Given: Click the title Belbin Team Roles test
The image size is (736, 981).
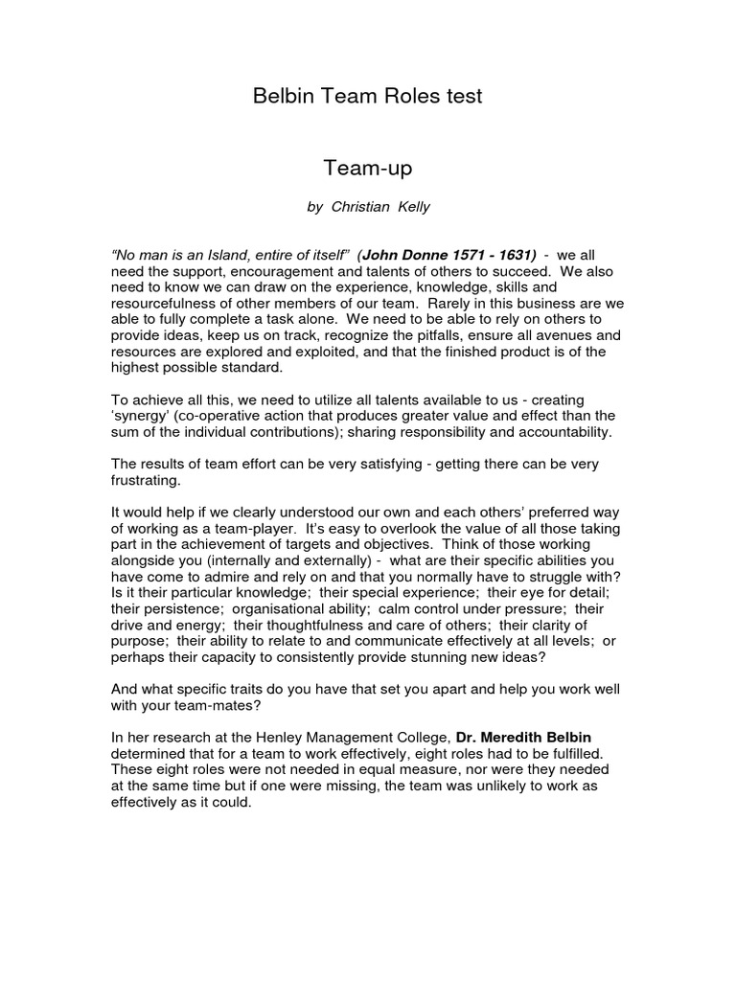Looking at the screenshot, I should [x=368, y=96].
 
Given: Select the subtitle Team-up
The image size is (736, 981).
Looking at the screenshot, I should [x=368, y=170].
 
